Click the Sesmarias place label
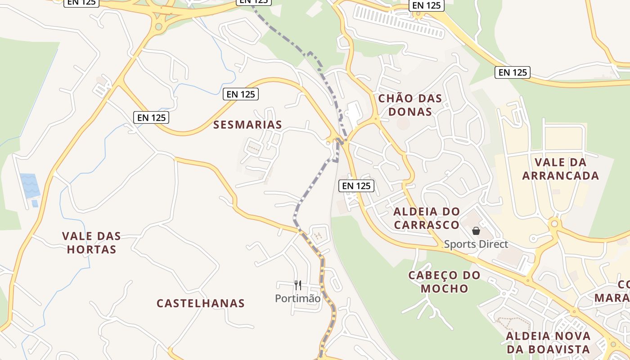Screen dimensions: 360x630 [247, 125]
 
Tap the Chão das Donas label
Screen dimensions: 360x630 [410, 105]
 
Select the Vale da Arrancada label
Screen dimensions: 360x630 [561, 169]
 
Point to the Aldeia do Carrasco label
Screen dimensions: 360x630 [427, 218]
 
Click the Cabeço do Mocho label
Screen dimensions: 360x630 [444, 282]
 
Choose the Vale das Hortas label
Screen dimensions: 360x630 [91, 243]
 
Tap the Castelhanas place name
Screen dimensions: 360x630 [201, 303]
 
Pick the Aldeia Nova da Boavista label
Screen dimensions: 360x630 [548, 342]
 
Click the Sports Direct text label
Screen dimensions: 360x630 [476, 244]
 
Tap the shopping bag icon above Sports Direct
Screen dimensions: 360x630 [476, 231]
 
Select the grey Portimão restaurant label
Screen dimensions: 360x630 [298, 298]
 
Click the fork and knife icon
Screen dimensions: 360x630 [297, 285]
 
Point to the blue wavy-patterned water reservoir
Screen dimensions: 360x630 [30, 185]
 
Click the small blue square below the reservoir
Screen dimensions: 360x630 [35, 203]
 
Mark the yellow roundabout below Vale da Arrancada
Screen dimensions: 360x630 [554, 223]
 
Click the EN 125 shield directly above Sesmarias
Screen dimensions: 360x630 [241, 94]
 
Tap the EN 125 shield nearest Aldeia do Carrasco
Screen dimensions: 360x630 [356, 185]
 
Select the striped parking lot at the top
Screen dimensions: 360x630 [398, 21]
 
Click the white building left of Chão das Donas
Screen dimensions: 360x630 [354, 112]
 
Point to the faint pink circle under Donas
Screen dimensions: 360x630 [403, 123]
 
